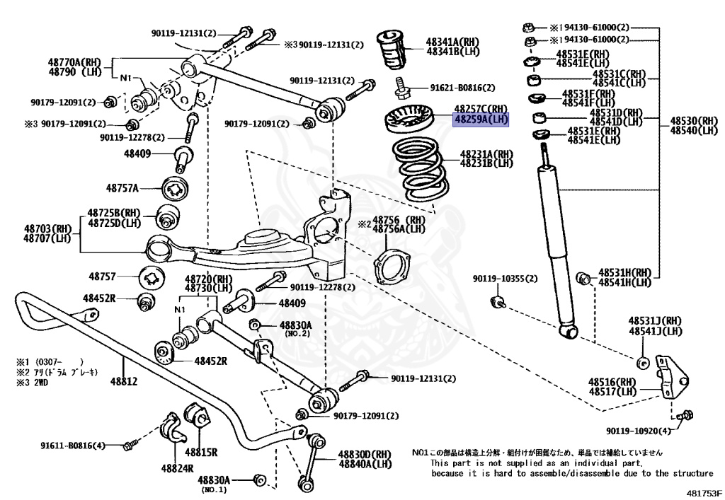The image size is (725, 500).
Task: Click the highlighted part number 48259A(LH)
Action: [481, 120]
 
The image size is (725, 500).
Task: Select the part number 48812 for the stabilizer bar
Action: [123, 382]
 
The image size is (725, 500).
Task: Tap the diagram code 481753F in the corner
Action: [704, 492]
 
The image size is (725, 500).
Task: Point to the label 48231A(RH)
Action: [486, 153]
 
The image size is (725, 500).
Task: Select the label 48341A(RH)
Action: [452, 42]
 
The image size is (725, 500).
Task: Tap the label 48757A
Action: [122, 188]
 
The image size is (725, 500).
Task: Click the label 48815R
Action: [201, 452]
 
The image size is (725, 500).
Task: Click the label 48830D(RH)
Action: [364, 454]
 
